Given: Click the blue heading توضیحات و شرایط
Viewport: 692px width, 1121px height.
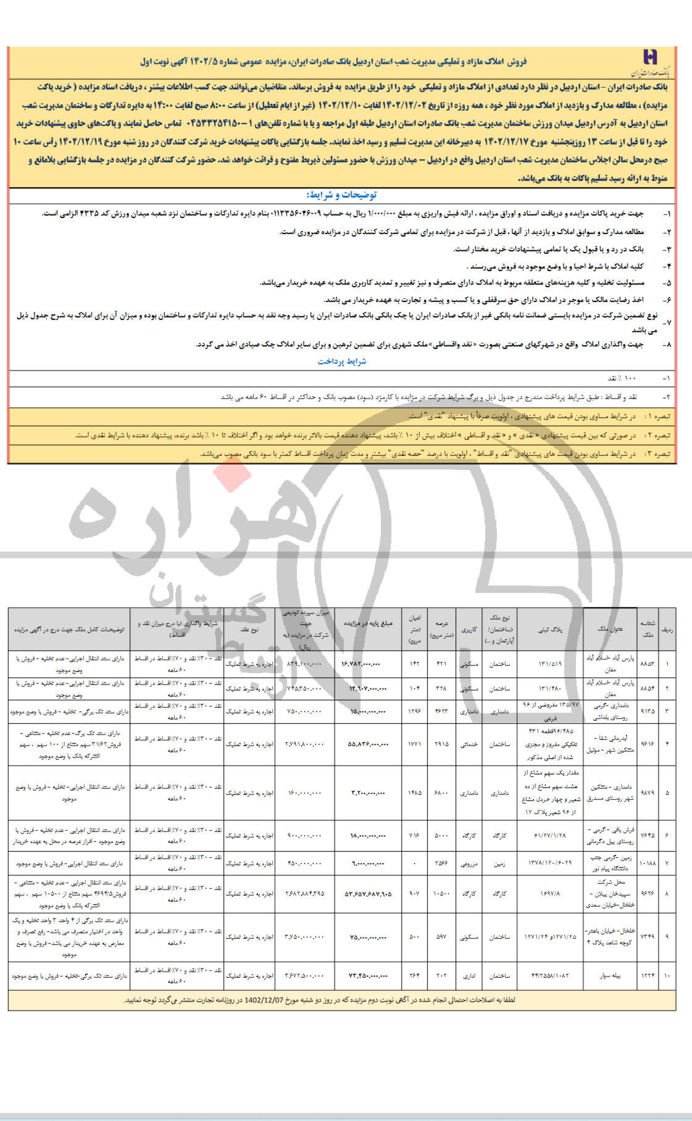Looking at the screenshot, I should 345,195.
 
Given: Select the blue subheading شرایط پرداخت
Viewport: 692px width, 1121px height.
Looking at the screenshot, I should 342,361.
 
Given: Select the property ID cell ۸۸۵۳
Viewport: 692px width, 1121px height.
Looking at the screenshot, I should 648,663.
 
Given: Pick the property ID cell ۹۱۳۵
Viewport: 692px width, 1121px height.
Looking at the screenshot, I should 648,712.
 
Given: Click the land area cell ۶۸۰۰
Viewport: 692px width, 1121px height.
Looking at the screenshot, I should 441,793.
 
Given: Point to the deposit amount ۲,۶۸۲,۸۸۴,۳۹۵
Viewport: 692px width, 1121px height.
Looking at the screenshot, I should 304,894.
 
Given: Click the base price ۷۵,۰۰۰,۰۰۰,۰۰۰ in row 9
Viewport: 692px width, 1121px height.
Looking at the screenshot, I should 364,937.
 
